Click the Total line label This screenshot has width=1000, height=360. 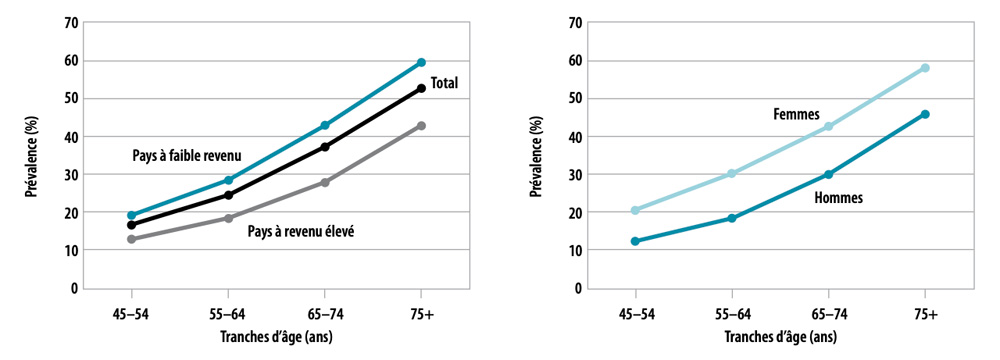pos(444,84)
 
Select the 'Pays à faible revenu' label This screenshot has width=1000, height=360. pos(187,156)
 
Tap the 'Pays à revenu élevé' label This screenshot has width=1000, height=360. pos(302,231)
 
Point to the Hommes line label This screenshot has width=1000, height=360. pos(838,198)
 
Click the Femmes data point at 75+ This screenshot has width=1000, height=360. pos(925,68)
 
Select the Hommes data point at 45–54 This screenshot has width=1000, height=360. pos(635,241)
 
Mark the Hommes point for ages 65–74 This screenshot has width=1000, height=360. pos(828,174)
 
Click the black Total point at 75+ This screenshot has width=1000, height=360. pos(421,88)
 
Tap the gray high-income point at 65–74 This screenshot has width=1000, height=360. pos(325,182)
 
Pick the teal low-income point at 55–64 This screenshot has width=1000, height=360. pos(228,180)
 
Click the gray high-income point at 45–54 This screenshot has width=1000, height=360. pos(132,239)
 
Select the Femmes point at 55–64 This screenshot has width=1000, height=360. pos(732,173)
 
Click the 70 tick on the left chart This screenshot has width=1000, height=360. pos(71,22)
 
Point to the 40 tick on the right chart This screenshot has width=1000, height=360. pos(574,136)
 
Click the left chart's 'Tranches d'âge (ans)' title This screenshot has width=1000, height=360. pos(276,337)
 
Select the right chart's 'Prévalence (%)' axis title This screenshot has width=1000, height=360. pos(537,155)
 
